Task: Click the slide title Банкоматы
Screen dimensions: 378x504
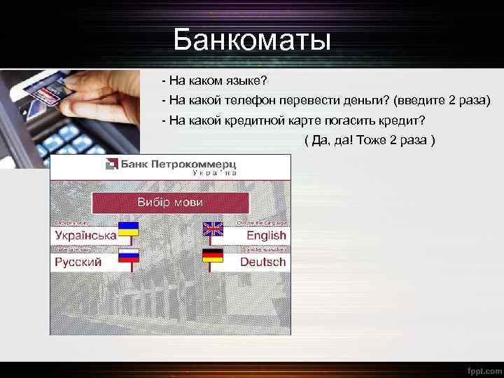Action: click(x=252, y=40)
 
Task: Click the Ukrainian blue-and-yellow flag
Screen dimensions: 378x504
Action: click(x=128, y=229)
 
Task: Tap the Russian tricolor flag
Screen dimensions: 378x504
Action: click(x=128, y=255)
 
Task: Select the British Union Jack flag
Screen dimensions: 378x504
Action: click(x=212, y=229)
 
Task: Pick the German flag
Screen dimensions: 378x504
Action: click(x=212, y=255)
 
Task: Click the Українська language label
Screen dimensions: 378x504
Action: click(x=85, y=236)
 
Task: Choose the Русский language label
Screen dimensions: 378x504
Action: click(x=78, y=262)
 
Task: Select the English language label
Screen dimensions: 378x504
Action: click(x=266, y=236)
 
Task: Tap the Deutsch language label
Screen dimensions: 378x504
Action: click(x=262, y=262)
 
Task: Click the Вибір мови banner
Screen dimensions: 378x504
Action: click(x=170, y=202)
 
